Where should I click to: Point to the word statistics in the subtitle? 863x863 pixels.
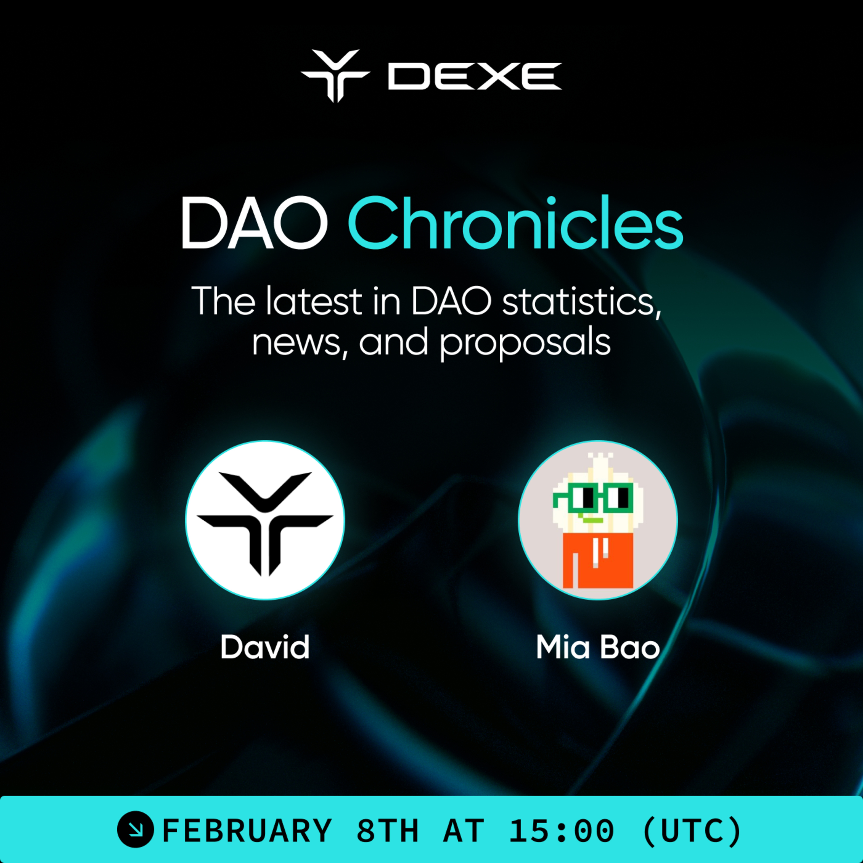581,301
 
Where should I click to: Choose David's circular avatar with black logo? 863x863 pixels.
265,520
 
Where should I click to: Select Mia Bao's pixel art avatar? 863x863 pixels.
598,520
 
